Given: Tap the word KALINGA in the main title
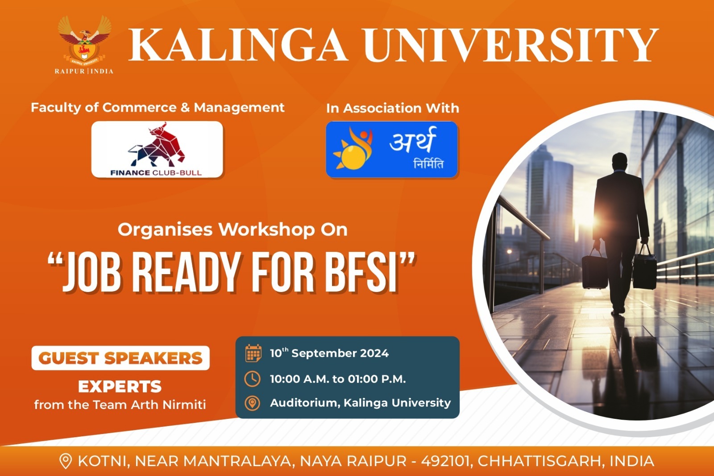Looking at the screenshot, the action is [238, 45].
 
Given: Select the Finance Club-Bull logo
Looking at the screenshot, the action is [157, 149].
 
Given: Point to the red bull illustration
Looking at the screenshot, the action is [157, 145].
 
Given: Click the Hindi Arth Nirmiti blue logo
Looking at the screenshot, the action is [392, 149].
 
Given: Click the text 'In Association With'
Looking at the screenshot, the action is [393, 108].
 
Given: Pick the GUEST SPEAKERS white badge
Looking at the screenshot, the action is [120, 358].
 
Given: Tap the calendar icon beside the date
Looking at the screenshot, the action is [253, 353].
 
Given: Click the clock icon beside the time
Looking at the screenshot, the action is [253, 379].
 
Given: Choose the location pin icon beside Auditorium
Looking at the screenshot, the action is [253, 403].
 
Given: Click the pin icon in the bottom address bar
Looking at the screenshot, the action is [65, 461].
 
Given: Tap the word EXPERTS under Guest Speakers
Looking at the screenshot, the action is [120, 387].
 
